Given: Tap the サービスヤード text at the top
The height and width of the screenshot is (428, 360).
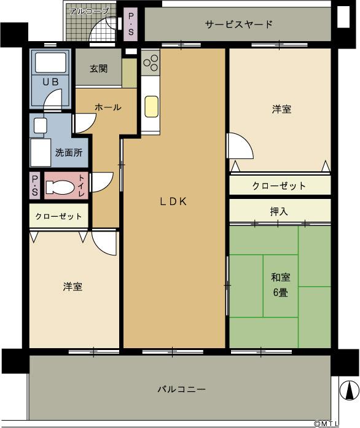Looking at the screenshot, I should (x=239, y=25).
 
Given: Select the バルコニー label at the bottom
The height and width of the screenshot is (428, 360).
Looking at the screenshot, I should (x=181, y=389).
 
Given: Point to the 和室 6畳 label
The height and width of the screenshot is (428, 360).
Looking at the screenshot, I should (x=281, y=284).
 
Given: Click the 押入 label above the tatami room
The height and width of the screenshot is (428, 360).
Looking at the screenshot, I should (x=279, y=211).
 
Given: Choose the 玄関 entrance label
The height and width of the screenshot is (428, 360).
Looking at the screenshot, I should (x=98, y=68).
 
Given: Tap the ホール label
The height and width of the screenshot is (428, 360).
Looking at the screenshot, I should (x=108, y=107).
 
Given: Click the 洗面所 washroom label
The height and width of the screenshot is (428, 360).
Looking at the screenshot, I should (x=69, y=152).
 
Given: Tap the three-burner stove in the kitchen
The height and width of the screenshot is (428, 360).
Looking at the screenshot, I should (x=151, y=62).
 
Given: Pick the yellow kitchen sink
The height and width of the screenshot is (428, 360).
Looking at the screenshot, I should (x=151, y=106).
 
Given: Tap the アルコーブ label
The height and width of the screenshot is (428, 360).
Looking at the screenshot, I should (x=88, y=11).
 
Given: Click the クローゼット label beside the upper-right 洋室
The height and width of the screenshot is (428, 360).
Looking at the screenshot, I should (x=279, y=185).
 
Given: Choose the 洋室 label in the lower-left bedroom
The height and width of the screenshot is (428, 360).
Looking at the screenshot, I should (x=72, y=287).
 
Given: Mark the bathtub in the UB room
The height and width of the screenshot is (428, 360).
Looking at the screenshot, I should (x=52, y=63).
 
